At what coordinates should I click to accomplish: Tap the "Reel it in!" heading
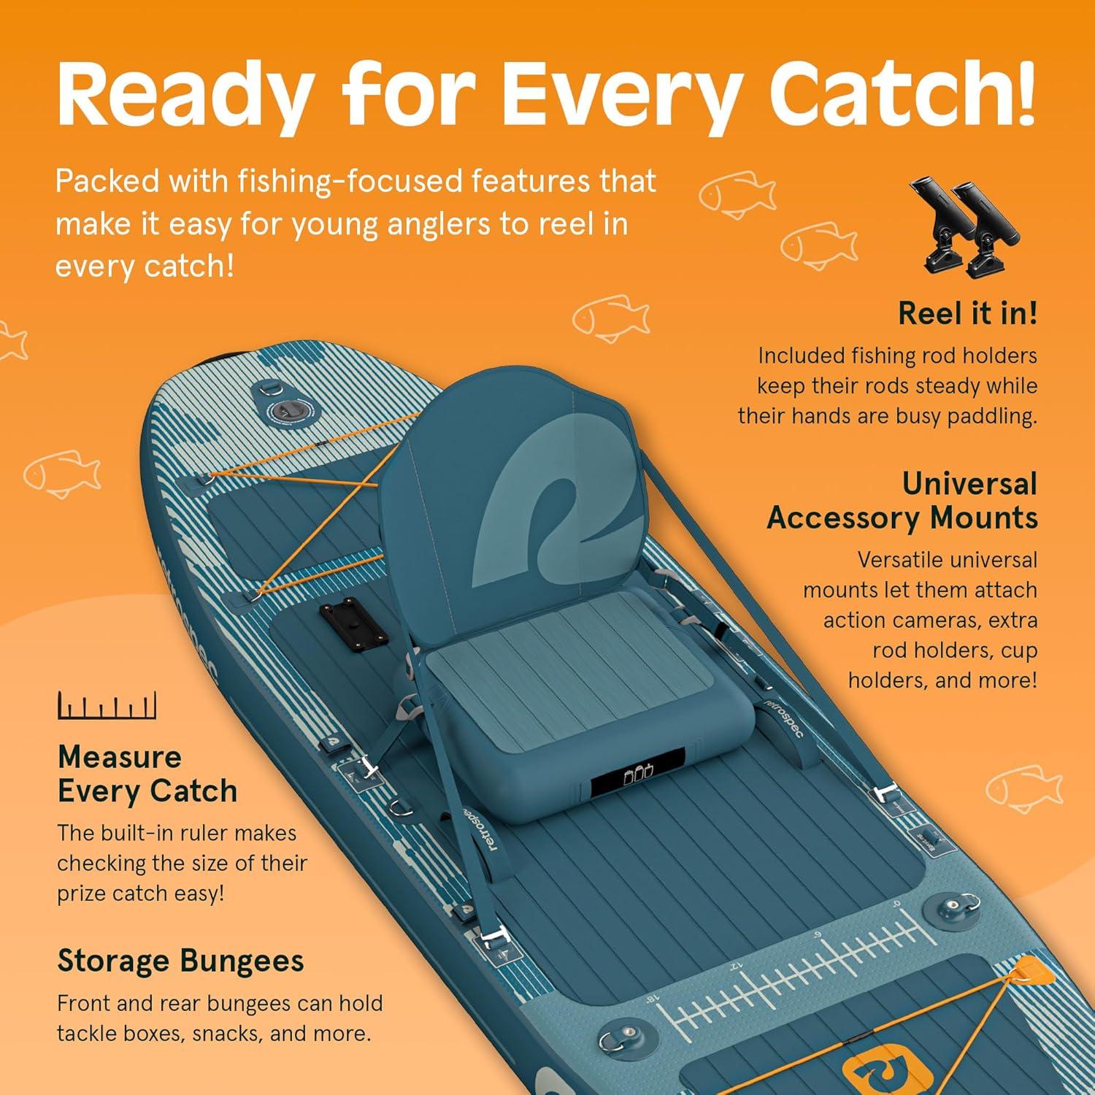(967, 313)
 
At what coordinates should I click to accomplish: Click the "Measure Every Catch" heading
(147, 774)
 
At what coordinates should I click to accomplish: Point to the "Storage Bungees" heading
(180, 961)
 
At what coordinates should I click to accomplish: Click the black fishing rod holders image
(964, 228)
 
